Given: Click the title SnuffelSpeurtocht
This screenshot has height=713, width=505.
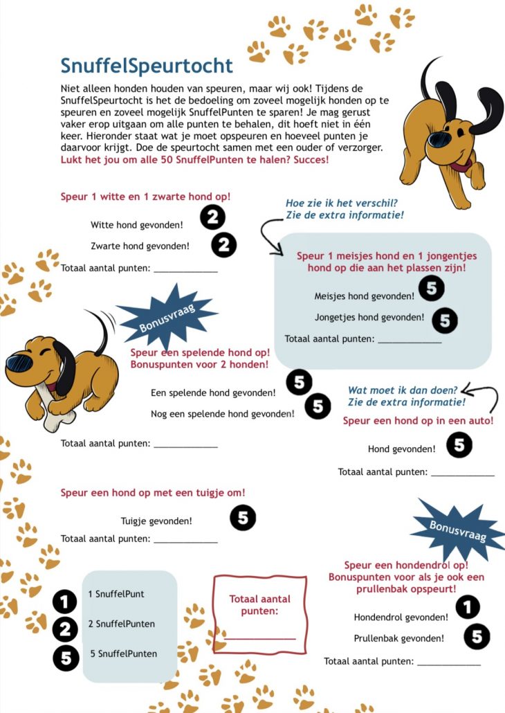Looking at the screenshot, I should [x=147, y=66].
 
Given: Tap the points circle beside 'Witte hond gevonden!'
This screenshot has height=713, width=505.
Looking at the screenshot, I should [x=212, y=218].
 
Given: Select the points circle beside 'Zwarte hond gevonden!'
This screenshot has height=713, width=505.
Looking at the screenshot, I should [x=223, y=244].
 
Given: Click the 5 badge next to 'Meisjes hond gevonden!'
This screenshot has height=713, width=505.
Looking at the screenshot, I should [x=431, y=289].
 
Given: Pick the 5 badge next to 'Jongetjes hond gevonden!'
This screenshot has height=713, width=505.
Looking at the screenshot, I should [x=445, y=319].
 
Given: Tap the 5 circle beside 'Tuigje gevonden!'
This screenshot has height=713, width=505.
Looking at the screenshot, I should [x=243, y=517].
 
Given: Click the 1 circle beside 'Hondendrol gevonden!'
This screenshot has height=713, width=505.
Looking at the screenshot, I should [x=468, y=607].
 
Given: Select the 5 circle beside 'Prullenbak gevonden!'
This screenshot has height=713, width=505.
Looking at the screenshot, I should [x=477, y=636].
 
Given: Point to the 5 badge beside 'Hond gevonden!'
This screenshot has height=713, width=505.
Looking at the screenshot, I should [x=459, y=445].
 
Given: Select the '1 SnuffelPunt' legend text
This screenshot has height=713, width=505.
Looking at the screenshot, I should [x=116, y=594].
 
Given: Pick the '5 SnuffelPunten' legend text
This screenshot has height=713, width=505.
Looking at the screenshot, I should [x=123, y=653].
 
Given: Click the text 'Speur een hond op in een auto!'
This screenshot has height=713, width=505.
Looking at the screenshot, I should [x=418, y=420].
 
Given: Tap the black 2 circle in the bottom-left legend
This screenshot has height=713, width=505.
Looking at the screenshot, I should [x=65, y=629].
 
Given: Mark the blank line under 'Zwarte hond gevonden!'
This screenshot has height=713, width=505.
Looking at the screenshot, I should [x=185, y=270].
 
